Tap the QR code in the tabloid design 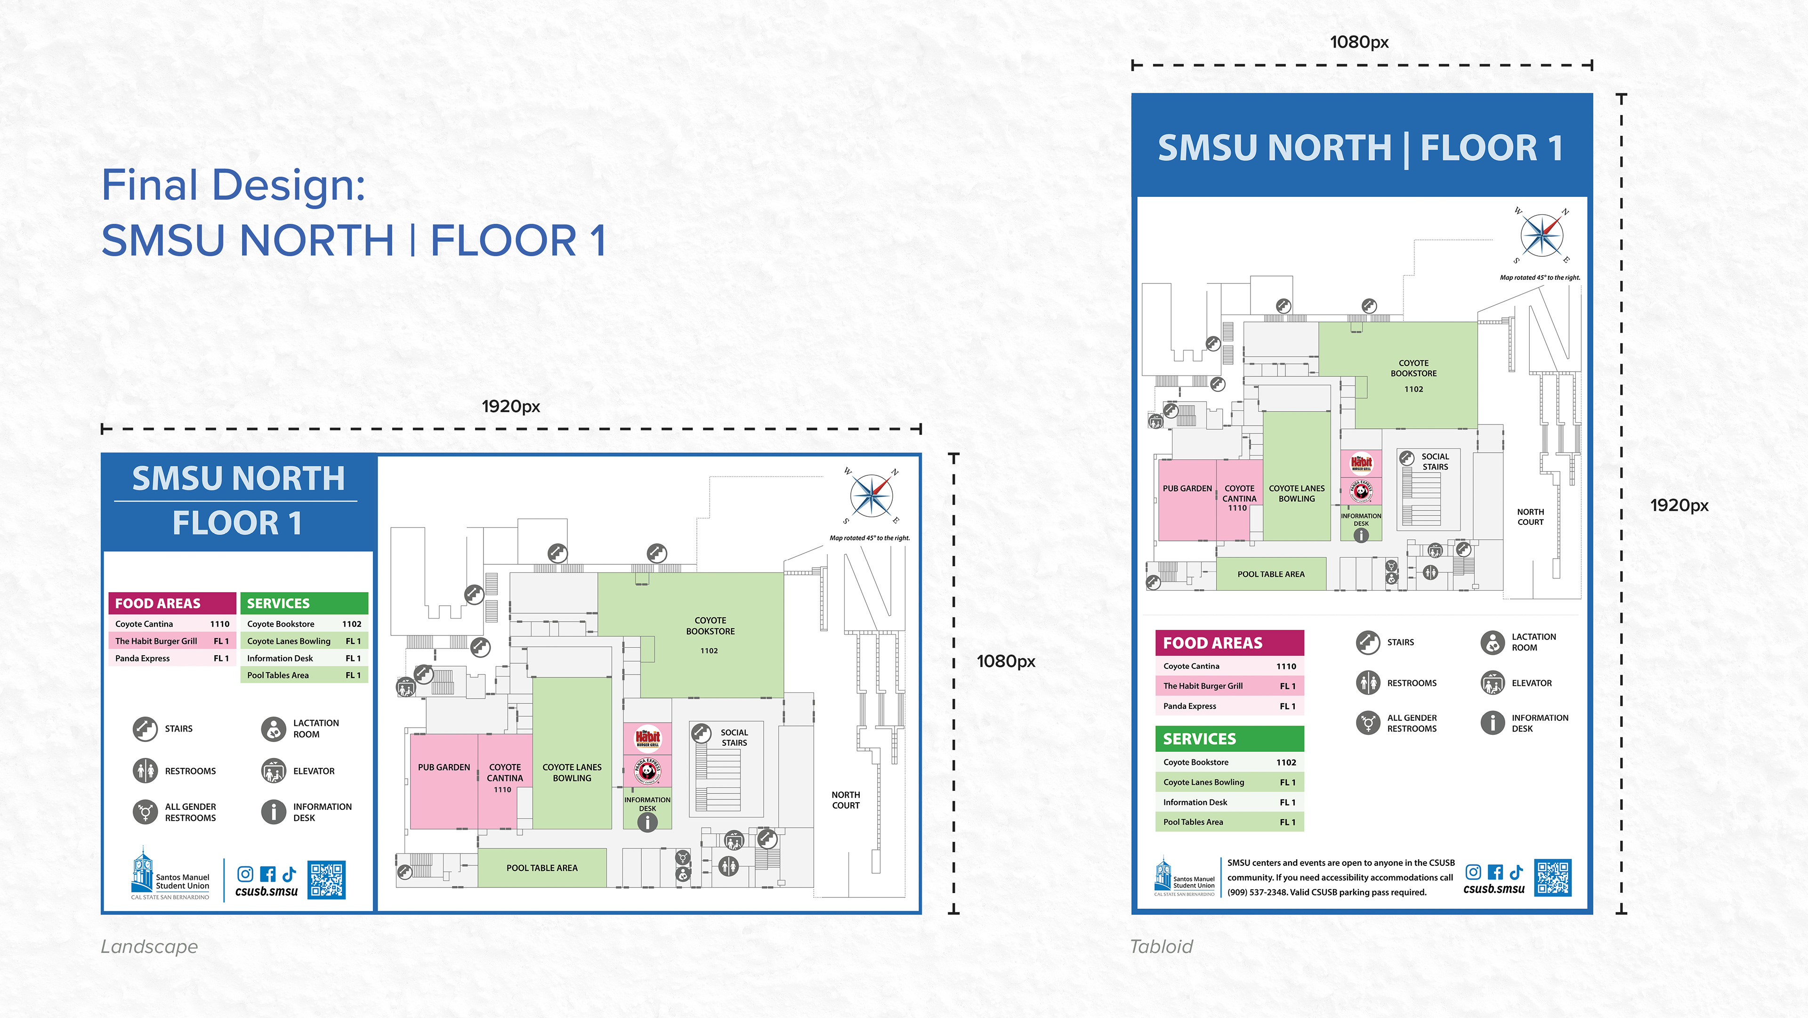(1552, 878)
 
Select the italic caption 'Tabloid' (1161, 946)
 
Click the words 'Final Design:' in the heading (234, 185)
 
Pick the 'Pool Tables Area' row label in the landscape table (278, 676)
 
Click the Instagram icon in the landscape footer (245, 873)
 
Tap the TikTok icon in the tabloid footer (1516, 872)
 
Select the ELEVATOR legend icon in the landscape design (273, 771)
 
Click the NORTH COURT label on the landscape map (846, 800)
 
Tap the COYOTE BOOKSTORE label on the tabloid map (1413, 368)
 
